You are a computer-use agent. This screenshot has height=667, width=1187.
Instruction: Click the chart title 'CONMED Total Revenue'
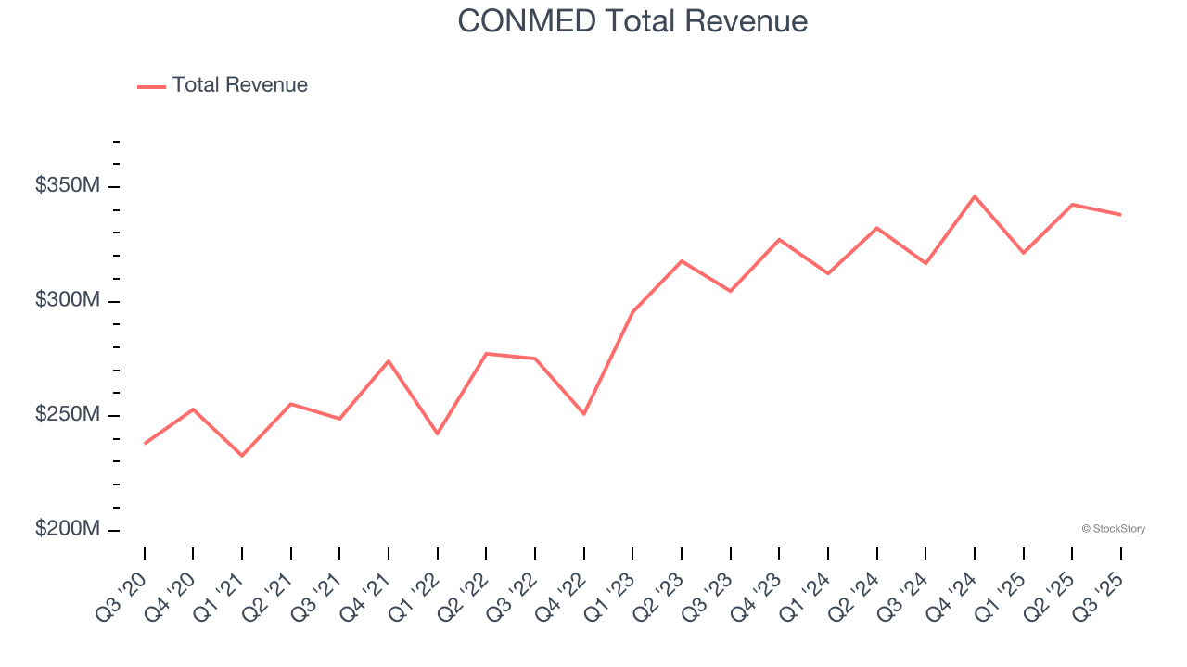point(632,21)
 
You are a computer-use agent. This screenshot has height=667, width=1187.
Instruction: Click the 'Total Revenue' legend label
point(239,85)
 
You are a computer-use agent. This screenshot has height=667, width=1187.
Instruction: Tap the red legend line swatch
point(151,86)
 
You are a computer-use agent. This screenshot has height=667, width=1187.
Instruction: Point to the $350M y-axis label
point(67,186)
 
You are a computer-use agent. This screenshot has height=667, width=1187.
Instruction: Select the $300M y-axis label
point(67,300)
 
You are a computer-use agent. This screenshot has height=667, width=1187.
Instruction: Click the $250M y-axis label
point(67,414)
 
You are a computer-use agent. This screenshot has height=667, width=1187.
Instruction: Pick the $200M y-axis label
point(67,529)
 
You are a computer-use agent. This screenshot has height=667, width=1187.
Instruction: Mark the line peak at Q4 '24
point(975,196)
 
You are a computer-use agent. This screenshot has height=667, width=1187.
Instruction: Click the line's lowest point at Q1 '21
point(242,456)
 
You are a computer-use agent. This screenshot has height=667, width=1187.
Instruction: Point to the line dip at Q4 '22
point(584,414)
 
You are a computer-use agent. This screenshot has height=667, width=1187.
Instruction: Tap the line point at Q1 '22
point(438,434)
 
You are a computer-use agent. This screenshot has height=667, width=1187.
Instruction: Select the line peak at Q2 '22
point(486,353)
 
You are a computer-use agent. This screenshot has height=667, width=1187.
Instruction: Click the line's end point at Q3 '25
point(1120,215)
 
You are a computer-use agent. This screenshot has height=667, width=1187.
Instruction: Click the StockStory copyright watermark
point(1113,529)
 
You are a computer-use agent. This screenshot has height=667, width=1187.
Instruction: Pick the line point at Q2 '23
point(682,261)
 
